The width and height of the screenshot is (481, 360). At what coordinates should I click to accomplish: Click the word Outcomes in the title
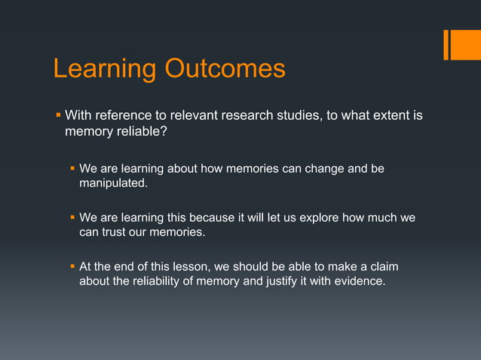[x=225, y=69]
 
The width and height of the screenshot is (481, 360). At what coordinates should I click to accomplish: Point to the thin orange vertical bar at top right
[x=446, y=44]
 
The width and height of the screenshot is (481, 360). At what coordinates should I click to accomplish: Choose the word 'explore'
[x=322, y=218]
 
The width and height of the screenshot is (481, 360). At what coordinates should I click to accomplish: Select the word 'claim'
[x=383, y=267]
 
